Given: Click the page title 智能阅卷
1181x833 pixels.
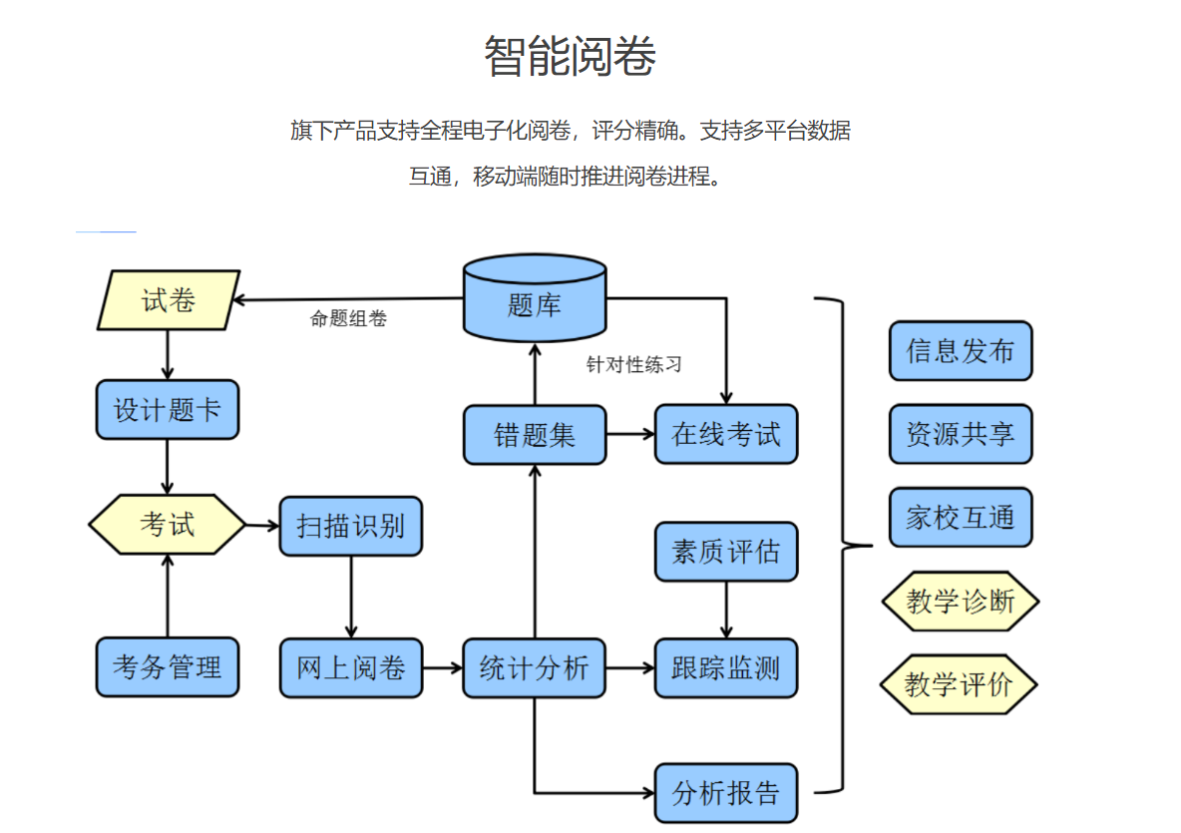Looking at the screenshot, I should click(570, 57).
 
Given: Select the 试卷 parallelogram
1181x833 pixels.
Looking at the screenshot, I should click(169, 300).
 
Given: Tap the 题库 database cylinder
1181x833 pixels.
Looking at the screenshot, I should click(535, 299).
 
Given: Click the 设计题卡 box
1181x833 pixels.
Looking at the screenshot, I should click(168, 409).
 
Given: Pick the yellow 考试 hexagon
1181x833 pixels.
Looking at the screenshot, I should click(168, 524).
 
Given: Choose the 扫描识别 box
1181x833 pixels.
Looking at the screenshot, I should click(351, 526).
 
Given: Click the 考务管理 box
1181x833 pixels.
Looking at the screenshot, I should click(168, 667).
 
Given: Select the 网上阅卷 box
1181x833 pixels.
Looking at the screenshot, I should click(351, 667).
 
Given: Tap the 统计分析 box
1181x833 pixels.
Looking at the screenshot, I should click(535, 667).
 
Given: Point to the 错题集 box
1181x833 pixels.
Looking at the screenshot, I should click(535, 435).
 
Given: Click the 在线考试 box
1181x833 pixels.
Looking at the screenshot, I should click(726, 434).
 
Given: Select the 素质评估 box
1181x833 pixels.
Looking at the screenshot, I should click(726, 552).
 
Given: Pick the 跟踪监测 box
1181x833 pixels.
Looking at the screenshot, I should click(726, 667).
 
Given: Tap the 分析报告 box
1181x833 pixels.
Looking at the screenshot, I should click(726, 793).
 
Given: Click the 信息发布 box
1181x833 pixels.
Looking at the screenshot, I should click(961, 351).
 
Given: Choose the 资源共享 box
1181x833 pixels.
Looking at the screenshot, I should click(961, 434).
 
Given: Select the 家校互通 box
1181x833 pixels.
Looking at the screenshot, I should click(961, 518).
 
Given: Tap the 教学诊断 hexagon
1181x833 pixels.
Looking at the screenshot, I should click(961, 602).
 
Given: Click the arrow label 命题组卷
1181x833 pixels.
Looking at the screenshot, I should click(348, 319).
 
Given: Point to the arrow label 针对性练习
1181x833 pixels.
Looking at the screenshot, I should click(634, 365).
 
